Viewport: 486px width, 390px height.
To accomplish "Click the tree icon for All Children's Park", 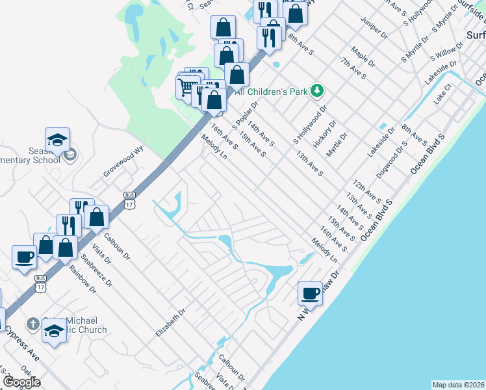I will (x=317, y=91).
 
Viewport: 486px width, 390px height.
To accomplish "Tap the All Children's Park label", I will (x=275, y=92).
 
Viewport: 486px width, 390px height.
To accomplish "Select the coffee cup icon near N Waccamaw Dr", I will (x=310, y=293).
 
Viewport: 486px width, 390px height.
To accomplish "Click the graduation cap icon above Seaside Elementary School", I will (x=57, y=139).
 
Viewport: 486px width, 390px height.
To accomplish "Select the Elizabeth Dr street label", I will (x=170, y=322).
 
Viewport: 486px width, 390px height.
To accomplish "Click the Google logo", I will (x=21, y=382).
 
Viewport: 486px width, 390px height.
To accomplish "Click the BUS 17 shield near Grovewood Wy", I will (x=129, y=196).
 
